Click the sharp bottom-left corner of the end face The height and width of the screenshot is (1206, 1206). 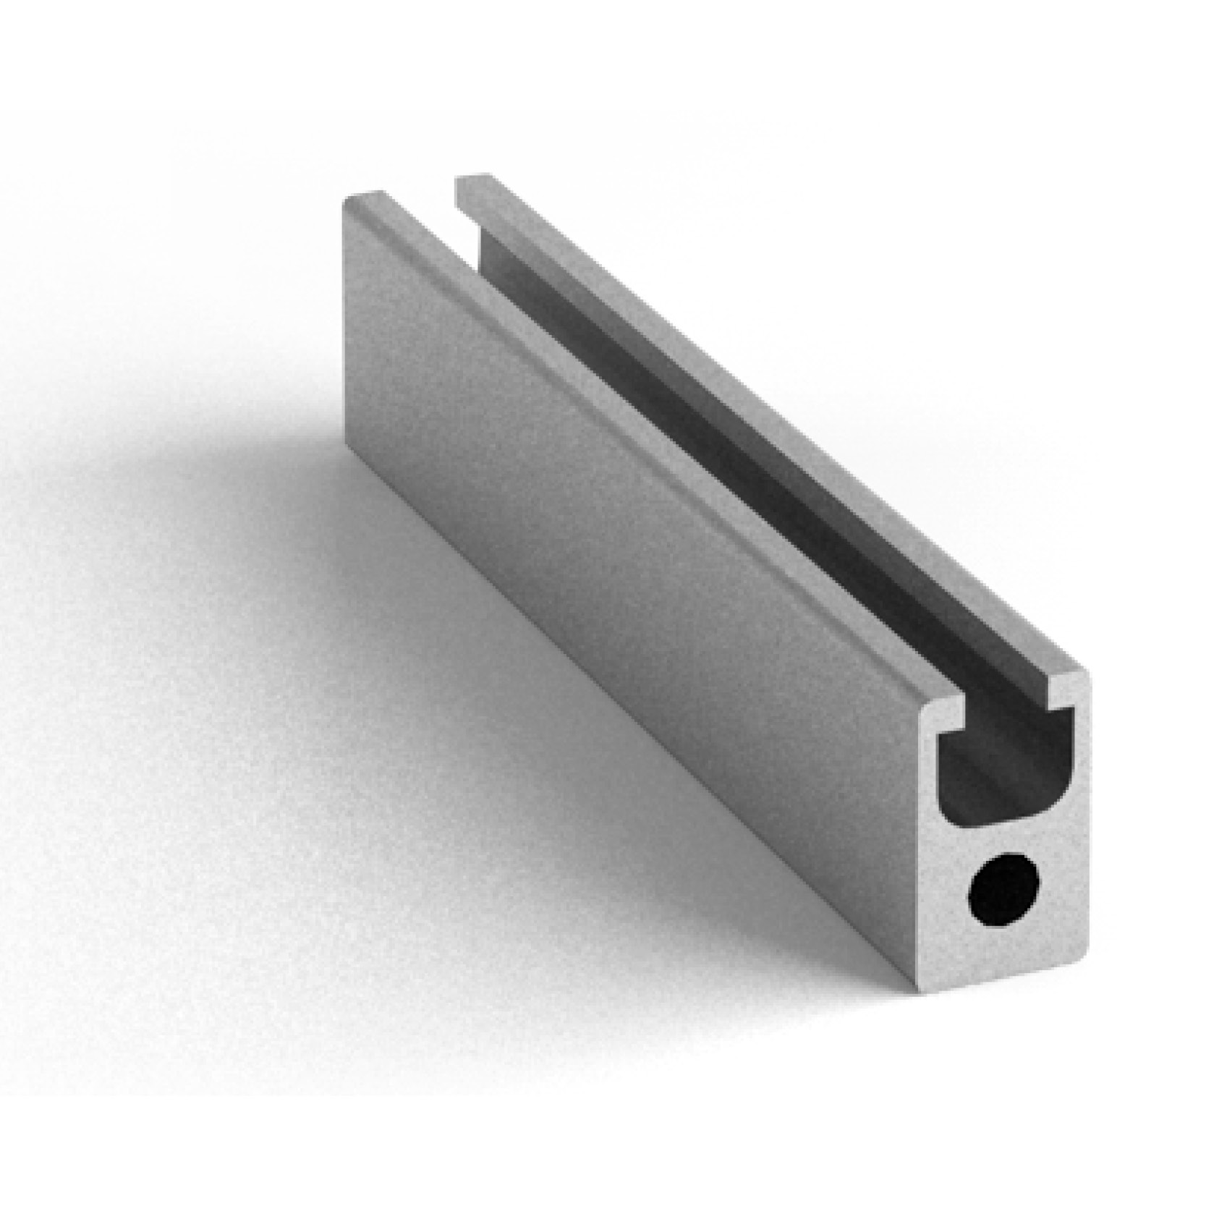pyautogui.click(x=921, y=990)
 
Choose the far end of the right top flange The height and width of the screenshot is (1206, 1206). pyautogui.click(x=474, y=179)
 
